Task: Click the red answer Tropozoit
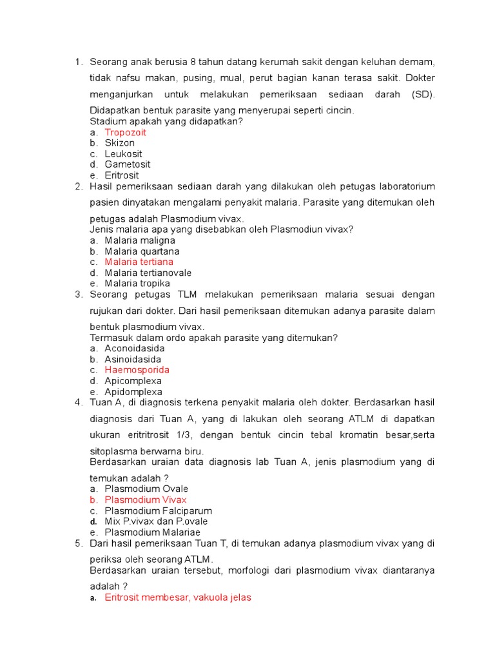pos(126,132)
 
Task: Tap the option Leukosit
pos(124,154)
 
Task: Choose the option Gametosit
pos(128,164)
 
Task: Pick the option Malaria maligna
pos(140,240)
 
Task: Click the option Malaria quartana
pos(142,251)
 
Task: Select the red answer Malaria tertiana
pos(139,262)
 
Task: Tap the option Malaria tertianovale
pos(148,273)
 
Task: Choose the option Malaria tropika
pos(137,284)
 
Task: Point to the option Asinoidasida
pos(133,359)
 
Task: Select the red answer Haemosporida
pos(137,370)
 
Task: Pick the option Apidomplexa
pos(133,392)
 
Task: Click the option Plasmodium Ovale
pos(146,489)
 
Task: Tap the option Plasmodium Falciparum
pos(157,510)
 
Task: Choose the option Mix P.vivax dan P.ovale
pos(157,521)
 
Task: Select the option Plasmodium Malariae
pos(153,532)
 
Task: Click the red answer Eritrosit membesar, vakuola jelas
pos(178,597)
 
